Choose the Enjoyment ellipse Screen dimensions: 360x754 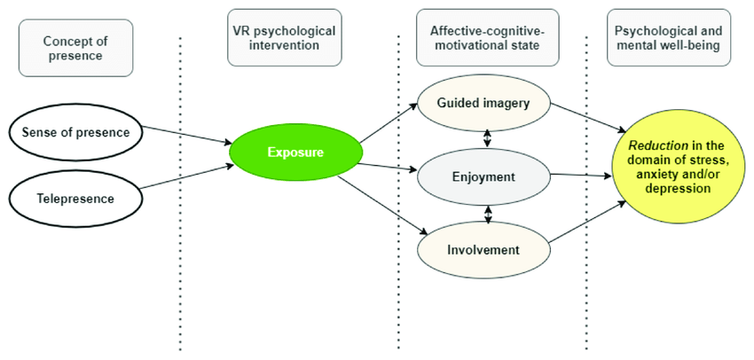coord(484,176)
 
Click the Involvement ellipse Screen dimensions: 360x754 coord(484,249)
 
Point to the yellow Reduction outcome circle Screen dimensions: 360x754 coord(678,174)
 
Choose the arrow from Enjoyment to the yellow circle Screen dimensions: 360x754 coord(581,175)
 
